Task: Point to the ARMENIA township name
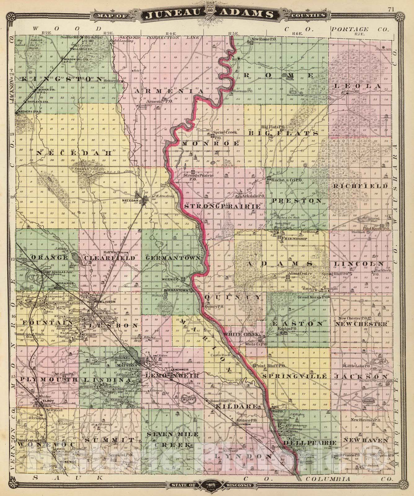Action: click(x=169, y=92)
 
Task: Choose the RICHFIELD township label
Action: click(x=360, y=186)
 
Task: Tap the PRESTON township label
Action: click(x=297, y=201)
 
